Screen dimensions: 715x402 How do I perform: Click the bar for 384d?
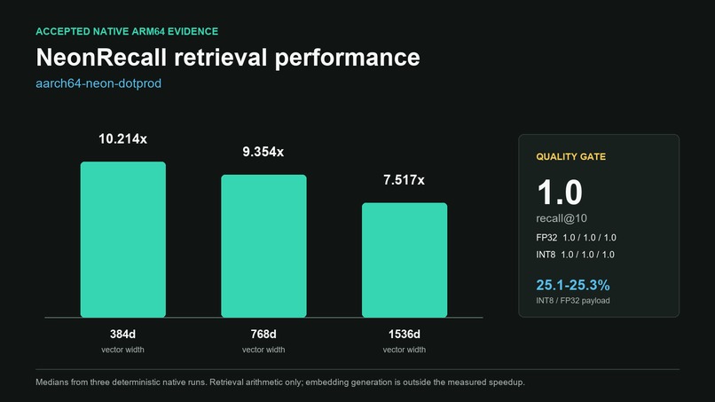coord(123,239)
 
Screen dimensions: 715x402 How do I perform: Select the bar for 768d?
coord(263,246)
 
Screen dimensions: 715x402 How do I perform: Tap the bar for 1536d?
coord(405,260)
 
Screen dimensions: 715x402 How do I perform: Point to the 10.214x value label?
coord(122,138)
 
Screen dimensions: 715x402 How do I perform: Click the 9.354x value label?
coord(263,152)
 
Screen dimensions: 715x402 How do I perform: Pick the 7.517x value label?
coord(404,180)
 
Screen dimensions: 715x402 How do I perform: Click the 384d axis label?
coord(122,334)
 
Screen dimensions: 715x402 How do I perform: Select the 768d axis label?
coord(263,334)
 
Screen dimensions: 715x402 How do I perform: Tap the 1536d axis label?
coord(405,334)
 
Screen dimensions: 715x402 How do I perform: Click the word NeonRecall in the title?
coord(101,57)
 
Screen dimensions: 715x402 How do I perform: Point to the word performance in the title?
coord(348,58)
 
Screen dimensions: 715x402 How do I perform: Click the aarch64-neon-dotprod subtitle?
coord(98,83)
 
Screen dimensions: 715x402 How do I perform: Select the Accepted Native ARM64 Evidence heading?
coord(127,31)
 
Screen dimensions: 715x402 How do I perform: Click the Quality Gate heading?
coord(571,156)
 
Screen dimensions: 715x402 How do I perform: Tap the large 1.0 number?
coord(560,192)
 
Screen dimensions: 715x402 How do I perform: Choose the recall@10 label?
coord(562,218)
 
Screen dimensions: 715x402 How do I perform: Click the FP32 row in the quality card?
coord(576,238)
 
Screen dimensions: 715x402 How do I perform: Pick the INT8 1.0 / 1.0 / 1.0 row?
coord(575,255)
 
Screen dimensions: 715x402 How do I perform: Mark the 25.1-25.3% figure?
coord(573,285)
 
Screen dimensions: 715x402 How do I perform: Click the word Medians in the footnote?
coord(52,382)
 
